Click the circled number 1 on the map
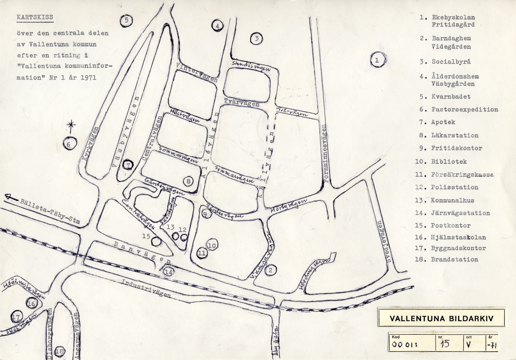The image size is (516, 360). click(x=378, y=60)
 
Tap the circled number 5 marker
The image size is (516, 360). click(x=126, y=21)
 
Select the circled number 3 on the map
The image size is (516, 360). click(x=256, y=38)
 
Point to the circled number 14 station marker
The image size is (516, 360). click(x=169, y=270)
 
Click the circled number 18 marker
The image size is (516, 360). click(x=60, y=352)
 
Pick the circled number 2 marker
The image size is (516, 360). click(x=273, y=269)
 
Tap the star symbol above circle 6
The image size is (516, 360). click(x=72, y=124)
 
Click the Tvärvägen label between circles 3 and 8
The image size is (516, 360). click(x=241, y=102)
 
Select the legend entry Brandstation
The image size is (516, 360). click(x=455, y=259)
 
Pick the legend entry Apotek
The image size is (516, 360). click(x=443, y=122)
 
